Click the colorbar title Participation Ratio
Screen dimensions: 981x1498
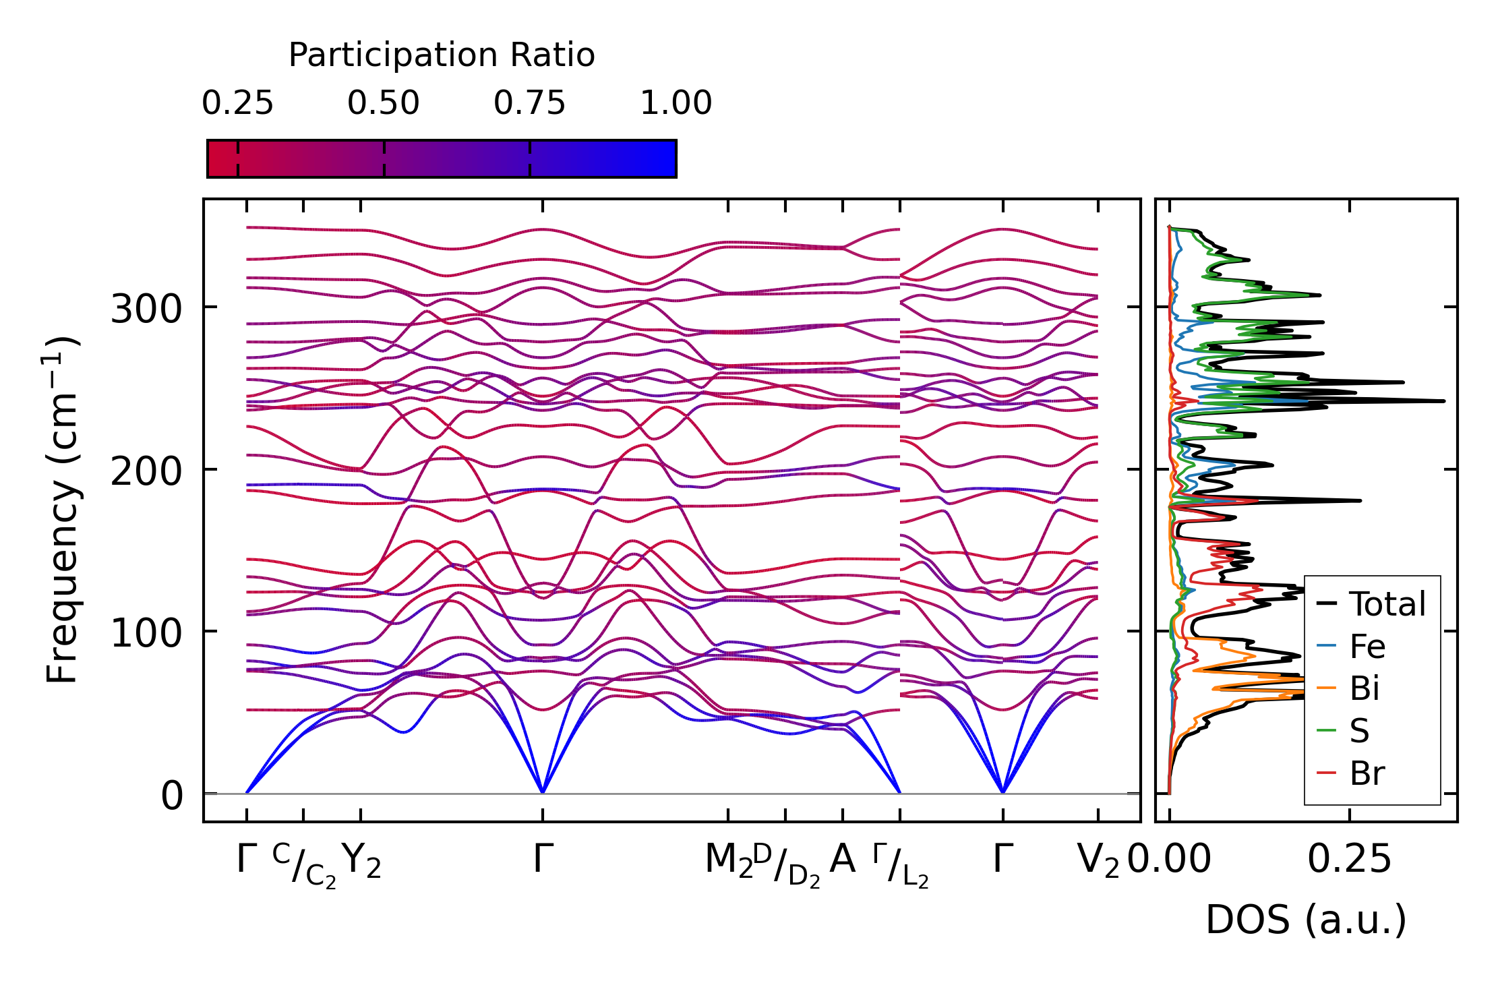[x=442, y=55]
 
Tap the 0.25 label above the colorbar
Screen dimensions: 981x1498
[x=237, y=103]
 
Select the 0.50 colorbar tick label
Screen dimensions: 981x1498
[x=384, y=103]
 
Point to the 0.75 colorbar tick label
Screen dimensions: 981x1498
[x=529, y=103]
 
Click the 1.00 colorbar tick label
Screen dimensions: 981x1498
[x=676, y=103]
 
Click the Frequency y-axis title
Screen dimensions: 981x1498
[x=62, y=510]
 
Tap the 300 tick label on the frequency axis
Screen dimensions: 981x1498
[x=146, y=309]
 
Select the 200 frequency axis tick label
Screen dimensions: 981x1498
[x=146, y=471]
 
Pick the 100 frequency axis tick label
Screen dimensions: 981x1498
[x=146, y=633]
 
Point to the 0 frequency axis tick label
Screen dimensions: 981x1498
[x=171, y=796]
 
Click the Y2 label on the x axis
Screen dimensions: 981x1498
[x=361, y=861]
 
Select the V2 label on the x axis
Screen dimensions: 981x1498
[x=1098, y=861]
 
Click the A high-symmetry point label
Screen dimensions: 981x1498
[x=843, y=860]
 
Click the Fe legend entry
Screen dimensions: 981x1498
[x=1367, y=646]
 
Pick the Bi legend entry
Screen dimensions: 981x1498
[x=1365, y=688]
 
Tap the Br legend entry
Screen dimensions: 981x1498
[x=1367, y=773]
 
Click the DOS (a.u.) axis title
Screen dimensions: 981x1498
[x=1306, y=920]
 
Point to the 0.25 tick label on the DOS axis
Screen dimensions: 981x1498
[x=1349, y=860]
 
